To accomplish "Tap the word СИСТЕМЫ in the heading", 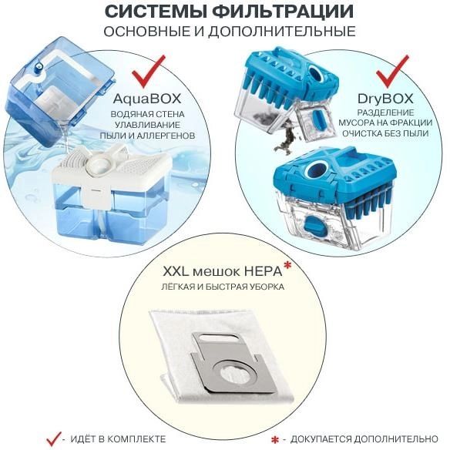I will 155,12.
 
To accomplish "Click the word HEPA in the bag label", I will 261,272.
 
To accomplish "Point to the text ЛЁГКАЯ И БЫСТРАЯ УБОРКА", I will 224,287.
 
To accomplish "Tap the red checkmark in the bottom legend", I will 54,439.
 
